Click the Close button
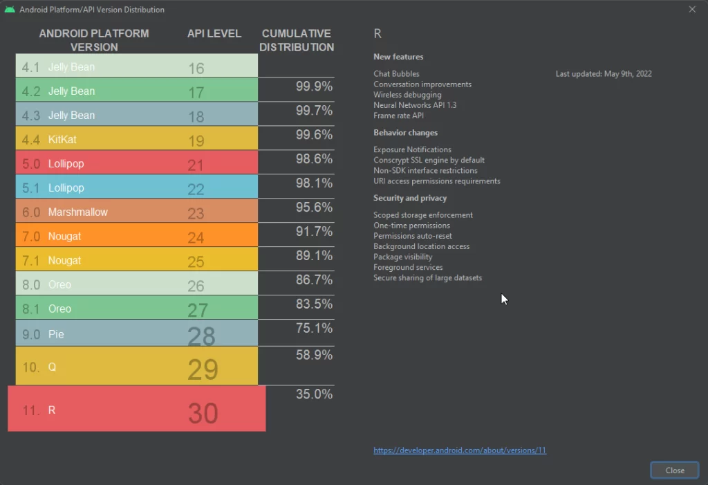675,470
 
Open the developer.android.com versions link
460,450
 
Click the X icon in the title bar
692,10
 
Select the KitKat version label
62,140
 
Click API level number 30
203,413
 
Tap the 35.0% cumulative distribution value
315,394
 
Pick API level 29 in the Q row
203,369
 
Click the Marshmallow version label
77,212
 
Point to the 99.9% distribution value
315,86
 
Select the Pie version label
56,334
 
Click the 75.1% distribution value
315,329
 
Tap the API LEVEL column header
214,33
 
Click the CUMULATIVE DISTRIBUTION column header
297,40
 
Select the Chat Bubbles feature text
396,74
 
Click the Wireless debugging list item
407,95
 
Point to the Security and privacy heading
410,199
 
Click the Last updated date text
604,74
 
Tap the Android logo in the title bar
10,10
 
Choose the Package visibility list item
402,257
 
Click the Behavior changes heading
405,133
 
